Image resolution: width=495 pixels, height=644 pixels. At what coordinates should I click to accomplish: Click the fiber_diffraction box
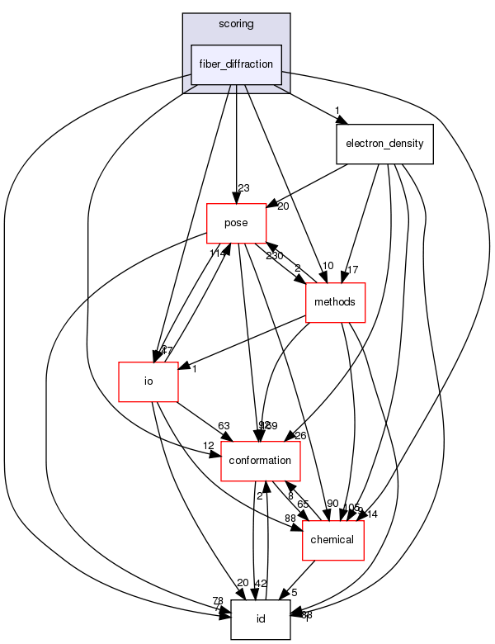coord(236,64)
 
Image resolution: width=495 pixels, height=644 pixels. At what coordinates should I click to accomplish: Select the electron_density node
coord(384,144)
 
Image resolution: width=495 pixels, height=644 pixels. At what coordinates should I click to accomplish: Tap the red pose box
coord(236,221)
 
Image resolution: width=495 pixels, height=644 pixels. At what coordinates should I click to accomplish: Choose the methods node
coord(335,302)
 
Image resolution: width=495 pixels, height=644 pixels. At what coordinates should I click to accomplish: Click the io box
coord(149,382)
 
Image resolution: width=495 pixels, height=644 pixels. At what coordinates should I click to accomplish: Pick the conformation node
coord(261,460)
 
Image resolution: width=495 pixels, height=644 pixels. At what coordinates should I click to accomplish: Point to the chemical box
coord(333,540)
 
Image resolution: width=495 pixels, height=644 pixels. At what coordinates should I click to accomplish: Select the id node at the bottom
coord(261,619)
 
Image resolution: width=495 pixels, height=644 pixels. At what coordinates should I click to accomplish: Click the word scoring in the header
coord(236,24)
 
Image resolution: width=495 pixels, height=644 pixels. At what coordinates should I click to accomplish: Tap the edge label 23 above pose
coord(243,188)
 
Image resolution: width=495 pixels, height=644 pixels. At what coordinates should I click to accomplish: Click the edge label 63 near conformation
coord(224,426)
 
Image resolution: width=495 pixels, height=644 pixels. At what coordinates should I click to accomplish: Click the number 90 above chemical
coord(332,504)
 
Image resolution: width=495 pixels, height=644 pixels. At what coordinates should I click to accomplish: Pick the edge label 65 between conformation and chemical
coord(304,504)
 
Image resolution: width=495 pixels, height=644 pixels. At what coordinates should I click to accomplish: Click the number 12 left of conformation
coord(209,446)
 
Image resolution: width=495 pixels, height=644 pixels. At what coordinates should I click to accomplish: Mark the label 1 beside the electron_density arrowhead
coord(337,111)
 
